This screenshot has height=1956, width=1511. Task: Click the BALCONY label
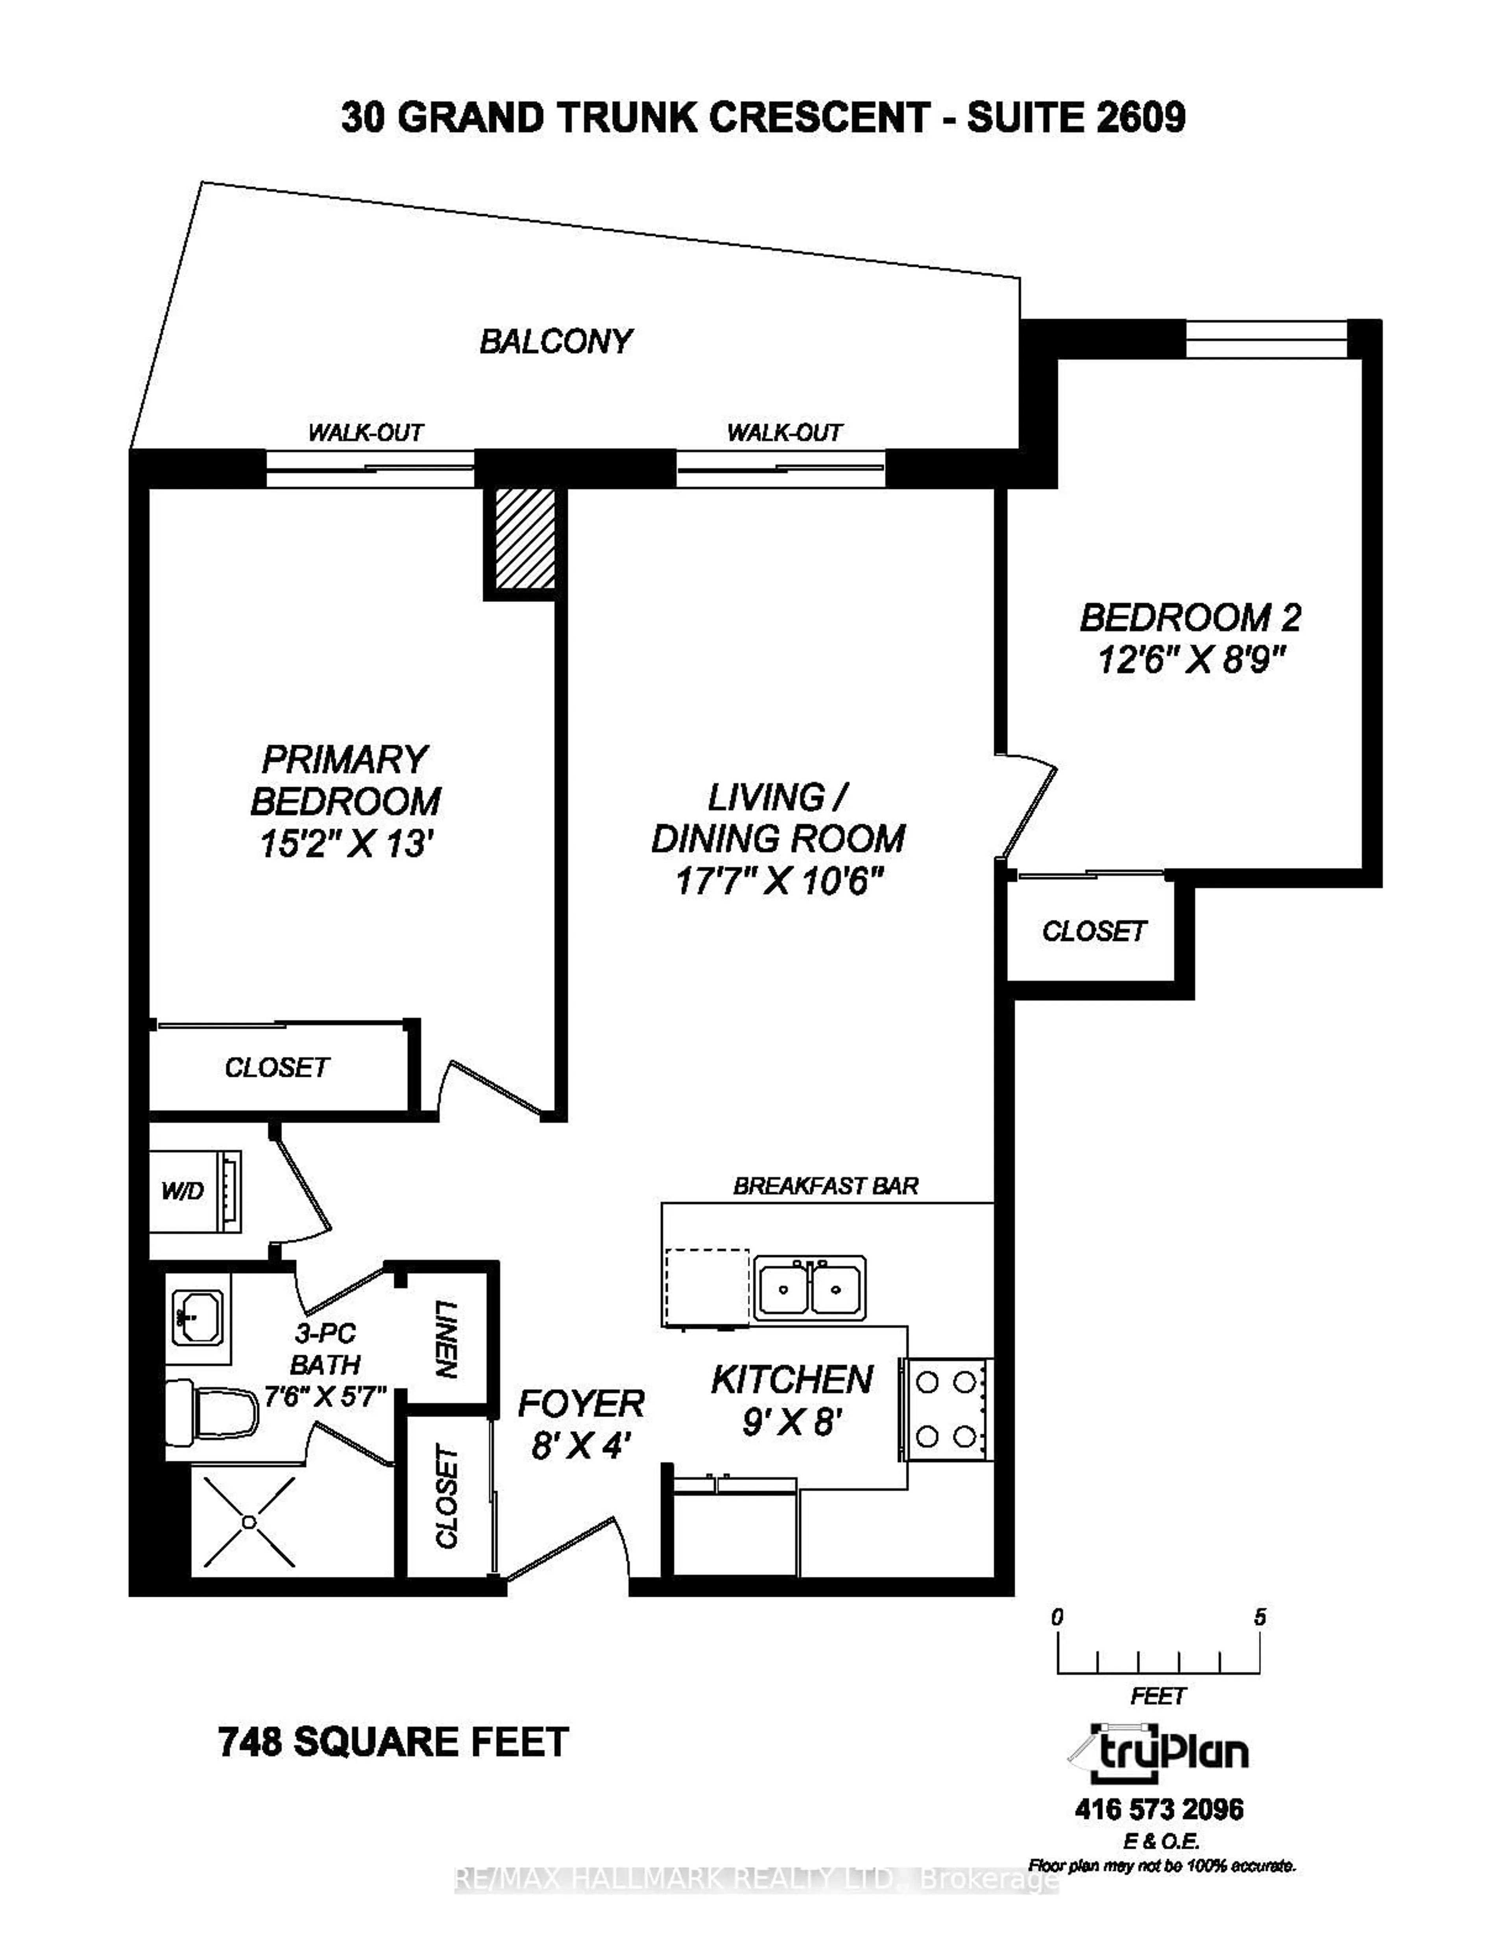click(x=556, y=341)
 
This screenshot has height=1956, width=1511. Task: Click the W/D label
click(x=183, y=1191)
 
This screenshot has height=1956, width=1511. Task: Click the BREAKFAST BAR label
click(x=825, y=1186)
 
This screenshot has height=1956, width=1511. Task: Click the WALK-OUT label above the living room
click(x=784, y=433)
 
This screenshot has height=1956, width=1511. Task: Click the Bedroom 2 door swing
click(x=1028, y=806)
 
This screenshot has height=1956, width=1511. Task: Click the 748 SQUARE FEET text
click(x=394, y=1742)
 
